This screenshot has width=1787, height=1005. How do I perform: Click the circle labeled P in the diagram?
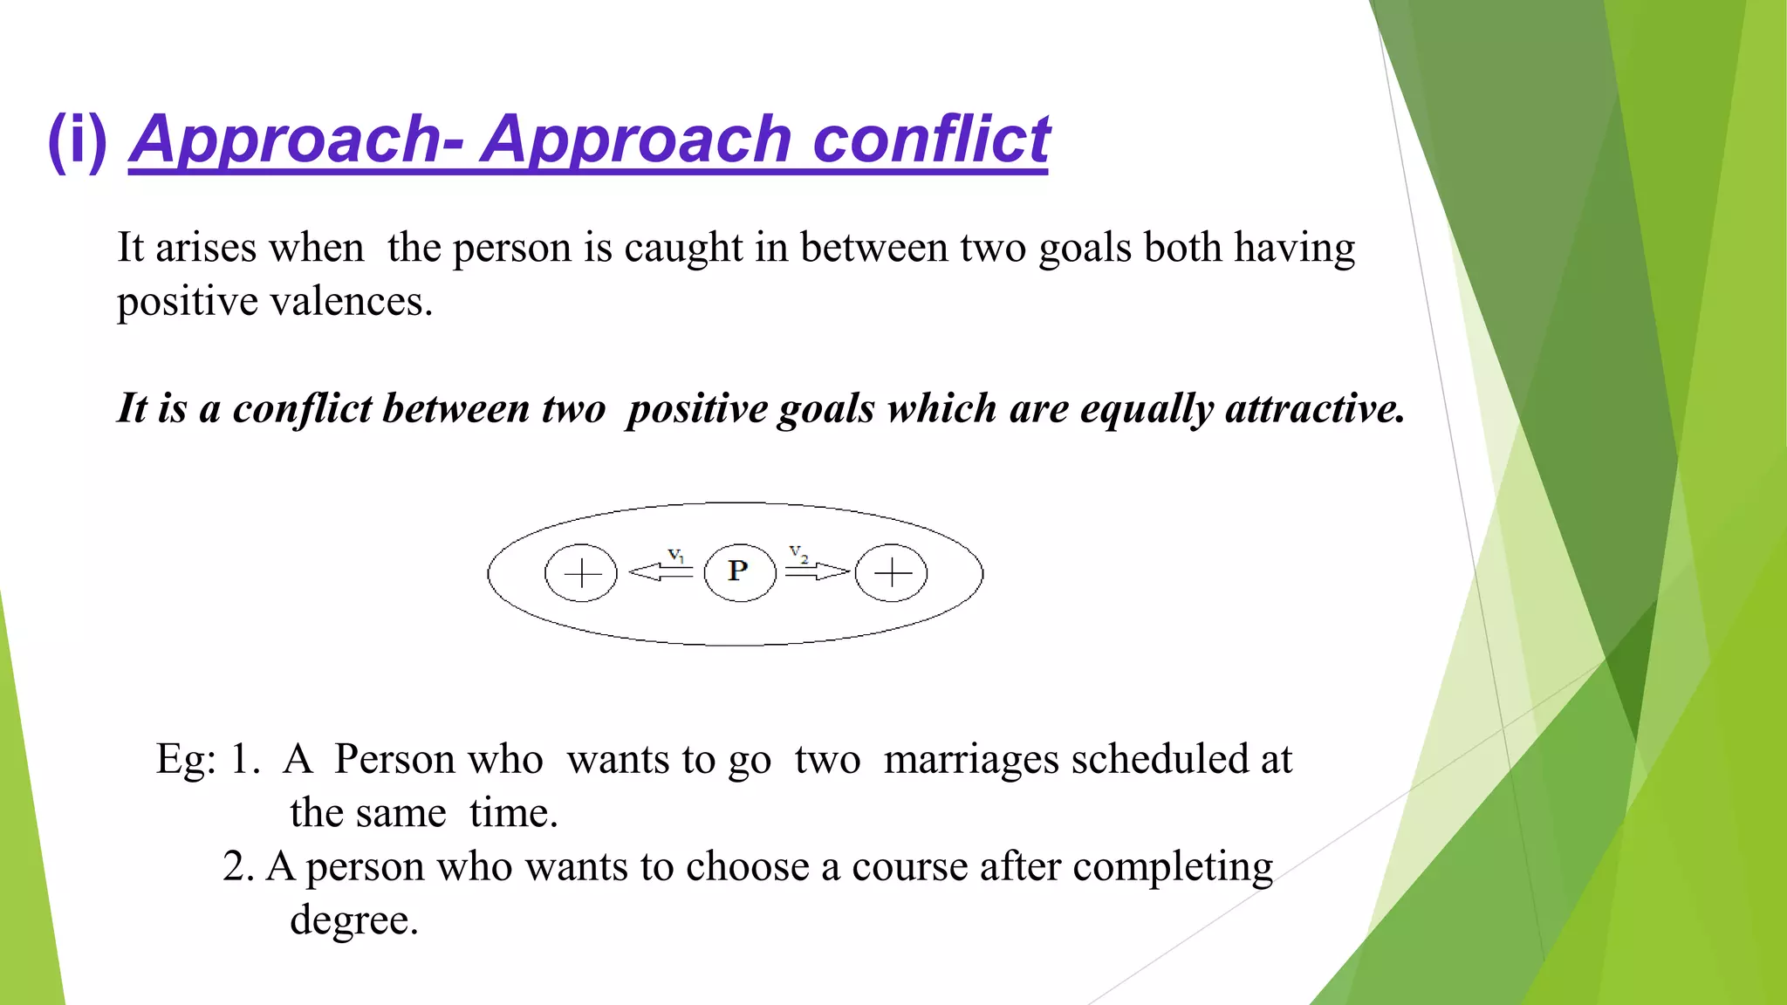739,572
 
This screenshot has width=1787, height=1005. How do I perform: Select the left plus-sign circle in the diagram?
581,573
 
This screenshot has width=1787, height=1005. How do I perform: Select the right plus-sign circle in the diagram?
891,573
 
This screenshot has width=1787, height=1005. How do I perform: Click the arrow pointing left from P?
661,572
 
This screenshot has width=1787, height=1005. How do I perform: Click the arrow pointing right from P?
817,571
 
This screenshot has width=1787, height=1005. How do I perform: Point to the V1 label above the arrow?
676,555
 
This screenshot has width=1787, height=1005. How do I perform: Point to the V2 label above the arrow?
798,553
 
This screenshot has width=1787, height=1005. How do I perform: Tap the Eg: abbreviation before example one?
186,760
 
